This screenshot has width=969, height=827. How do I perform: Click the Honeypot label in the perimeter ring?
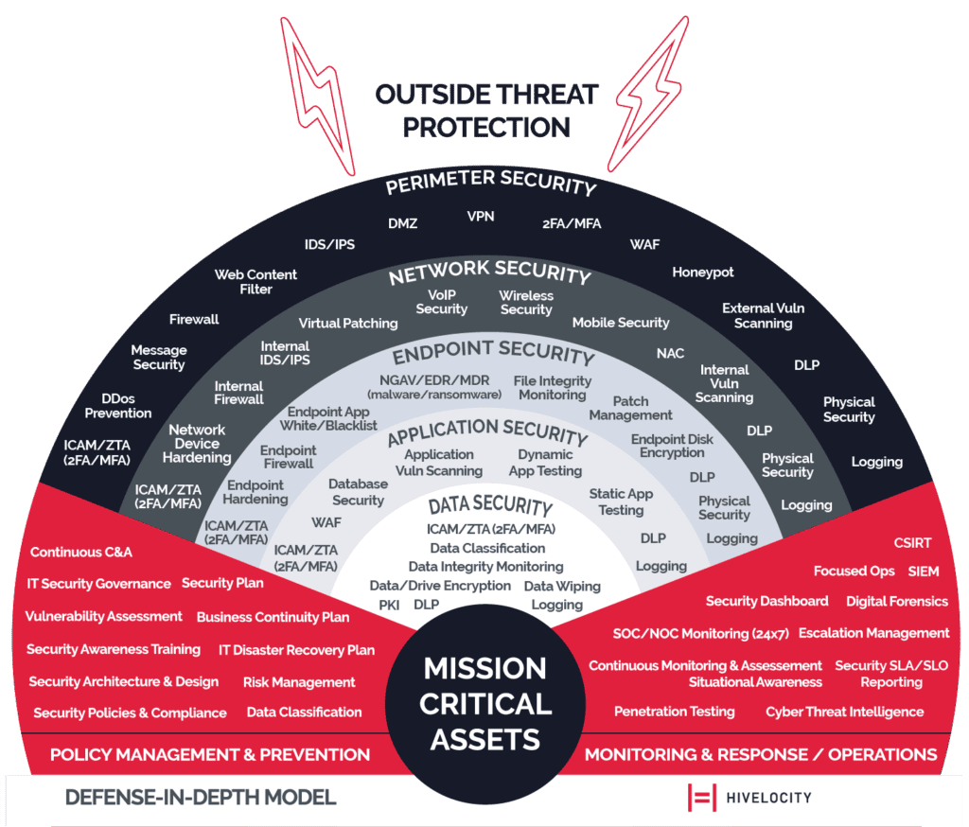(703, 273)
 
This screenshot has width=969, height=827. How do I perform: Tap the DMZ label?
(402, 224)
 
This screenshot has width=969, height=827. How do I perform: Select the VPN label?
(481, 217)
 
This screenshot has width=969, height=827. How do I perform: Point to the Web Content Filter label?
(255, 282)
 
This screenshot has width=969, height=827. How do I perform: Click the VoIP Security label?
(442, 302)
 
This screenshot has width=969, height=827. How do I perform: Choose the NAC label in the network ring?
(670, 354)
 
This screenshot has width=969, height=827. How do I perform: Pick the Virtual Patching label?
(348, 324)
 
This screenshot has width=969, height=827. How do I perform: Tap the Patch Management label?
(630, 409)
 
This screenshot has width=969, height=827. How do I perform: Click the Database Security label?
(358, 492)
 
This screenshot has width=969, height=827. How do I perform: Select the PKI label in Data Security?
(390, 605)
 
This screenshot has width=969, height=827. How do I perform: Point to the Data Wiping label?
(562, 587)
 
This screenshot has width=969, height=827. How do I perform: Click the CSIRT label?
(912, 543)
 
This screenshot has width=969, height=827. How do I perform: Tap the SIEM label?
(924, 572)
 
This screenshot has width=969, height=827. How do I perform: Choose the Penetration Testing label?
(674, 712)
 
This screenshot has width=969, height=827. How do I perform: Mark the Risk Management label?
(299, 682)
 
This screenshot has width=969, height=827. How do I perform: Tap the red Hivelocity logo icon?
(701, 798)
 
